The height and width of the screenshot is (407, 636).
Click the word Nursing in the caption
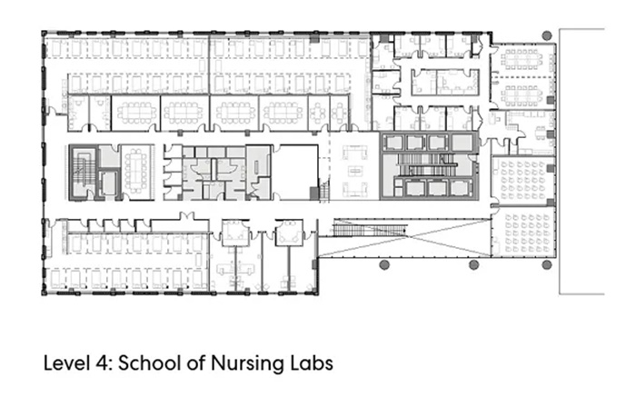(246, 363)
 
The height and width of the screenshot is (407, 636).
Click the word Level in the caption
(68, 362)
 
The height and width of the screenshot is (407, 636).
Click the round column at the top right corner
(547, 35)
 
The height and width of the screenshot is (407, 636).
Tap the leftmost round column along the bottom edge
(384, 265)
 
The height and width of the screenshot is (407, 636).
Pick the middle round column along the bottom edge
(473, 265)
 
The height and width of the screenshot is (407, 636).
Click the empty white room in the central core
(298, 173)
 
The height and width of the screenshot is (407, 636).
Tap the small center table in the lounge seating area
(355, 171)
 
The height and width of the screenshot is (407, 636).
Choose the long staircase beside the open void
(370, 230)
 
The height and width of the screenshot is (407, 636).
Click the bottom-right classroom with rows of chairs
(524, 233)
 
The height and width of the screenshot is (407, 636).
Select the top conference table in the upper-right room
(522, 59)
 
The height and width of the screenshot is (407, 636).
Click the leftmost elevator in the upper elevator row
(393, 143)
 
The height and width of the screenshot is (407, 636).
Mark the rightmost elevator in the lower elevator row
(462, 188)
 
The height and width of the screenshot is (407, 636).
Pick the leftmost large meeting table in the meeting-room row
(136, 113)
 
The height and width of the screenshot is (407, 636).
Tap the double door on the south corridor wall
(187, 216)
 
